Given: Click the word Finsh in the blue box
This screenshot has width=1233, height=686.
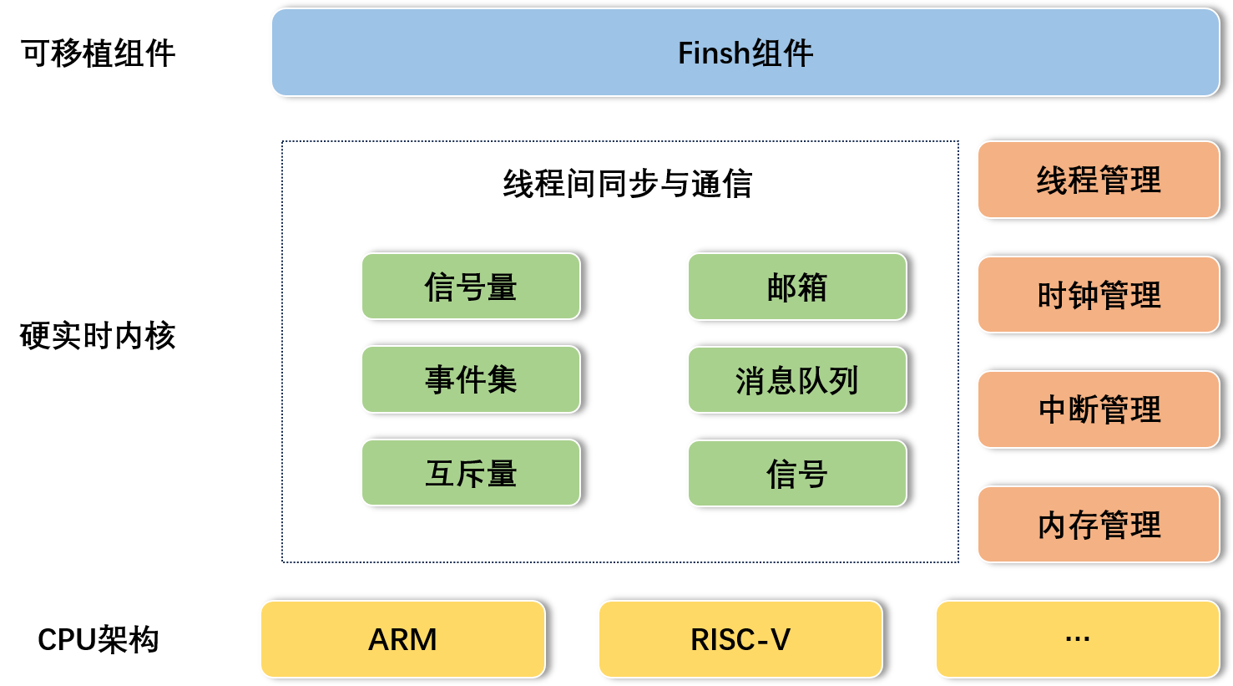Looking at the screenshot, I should (x=714, y=53).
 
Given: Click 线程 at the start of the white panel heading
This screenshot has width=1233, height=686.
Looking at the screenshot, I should (x=533, y=184).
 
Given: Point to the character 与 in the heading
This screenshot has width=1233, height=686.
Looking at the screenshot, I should (x=675, y=184).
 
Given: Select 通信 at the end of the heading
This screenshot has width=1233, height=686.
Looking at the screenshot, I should (x=722, y=184).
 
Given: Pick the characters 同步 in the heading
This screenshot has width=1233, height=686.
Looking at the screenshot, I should (x=628, y=184).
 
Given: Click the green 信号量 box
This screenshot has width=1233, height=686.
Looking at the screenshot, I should (x=471, y=287).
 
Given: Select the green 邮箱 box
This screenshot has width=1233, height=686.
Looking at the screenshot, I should (x=797, y=287).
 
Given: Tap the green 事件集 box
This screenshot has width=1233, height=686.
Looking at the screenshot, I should (x=471, y=379).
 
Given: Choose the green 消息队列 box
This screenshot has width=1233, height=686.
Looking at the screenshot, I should (x=797, y=380).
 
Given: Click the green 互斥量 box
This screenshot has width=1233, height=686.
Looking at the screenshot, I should (x=471, y=473).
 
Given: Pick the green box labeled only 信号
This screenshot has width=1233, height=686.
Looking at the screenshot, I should (x=797, y=474).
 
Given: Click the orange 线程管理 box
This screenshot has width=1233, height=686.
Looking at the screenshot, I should (x=1099, y=180).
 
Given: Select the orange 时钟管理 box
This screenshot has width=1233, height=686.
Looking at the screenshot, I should (x=1099, y=295).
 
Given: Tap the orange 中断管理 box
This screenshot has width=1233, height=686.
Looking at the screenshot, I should (x=1099, y=409).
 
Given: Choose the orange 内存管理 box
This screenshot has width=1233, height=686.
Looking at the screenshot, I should (x=1099, y=525).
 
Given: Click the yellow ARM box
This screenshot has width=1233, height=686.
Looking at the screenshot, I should (x=402, y=639).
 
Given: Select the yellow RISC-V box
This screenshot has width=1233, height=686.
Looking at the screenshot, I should (x=740, y=639).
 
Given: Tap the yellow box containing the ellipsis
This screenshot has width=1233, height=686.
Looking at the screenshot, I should (x=1077, y=639).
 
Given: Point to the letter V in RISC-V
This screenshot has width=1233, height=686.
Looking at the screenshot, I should (x=780, y=639).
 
